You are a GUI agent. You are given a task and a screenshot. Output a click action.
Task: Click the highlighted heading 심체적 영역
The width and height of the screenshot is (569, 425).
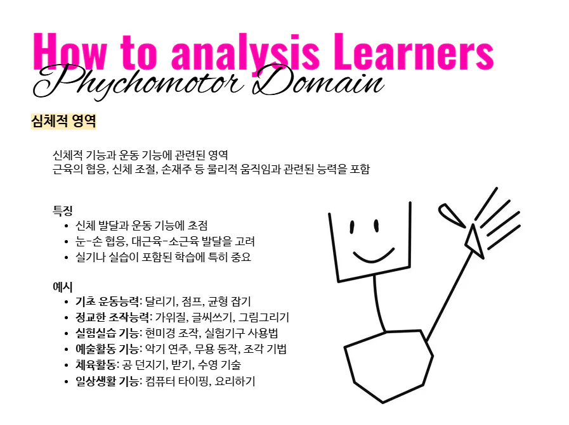(x=63, y=121)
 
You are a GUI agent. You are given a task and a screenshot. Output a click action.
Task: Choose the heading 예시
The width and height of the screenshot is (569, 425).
(x=62, y=286)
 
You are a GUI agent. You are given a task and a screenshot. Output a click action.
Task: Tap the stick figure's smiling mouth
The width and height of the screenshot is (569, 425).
(x=374, y=257)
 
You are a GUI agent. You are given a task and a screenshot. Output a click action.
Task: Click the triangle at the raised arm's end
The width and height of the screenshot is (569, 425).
(x=474, y=241)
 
